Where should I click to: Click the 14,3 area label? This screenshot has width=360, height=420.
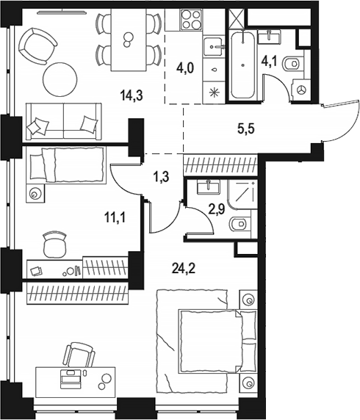pos(132,95)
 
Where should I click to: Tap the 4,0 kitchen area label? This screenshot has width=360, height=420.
pos(184,68)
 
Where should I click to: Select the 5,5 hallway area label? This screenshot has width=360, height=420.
pos(245,128)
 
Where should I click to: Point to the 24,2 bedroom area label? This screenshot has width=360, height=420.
pos(184,268)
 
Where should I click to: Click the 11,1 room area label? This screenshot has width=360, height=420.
pos(115,218)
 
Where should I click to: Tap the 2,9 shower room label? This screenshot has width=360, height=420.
pos(217,209)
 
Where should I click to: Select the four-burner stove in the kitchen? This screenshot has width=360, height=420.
pos(192,19)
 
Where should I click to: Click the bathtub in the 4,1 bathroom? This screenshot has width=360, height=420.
pos(242,65)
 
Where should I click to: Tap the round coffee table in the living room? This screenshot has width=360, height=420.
pos(60,79)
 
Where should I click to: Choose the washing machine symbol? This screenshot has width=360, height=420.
pos(301,90)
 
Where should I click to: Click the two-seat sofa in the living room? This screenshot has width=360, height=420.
pos(64,121)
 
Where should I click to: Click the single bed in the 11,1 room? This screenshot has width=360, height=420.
pos(66,164)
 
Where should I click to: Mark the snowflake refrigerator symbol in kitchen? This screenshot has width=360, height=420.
pos(215,93)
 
